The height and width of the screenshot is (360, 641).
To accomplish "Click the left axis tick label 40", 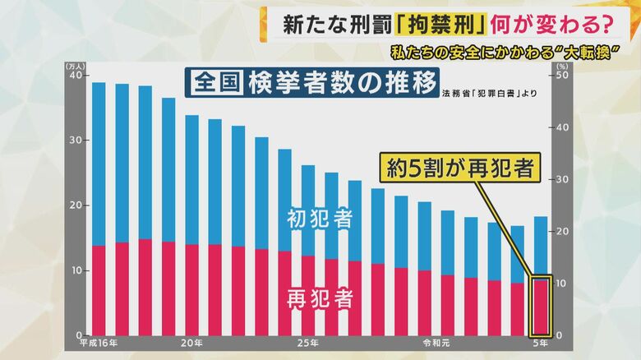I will pos(75,76).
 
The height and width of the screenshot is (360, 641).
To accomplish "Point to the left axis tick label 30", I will pos(75,141).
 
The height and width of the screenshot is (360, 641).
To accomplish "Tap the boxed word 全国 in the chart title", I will pos(216,83).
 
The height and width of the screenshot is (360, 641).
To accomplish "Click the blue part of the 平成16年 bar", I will pos(99,164).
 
